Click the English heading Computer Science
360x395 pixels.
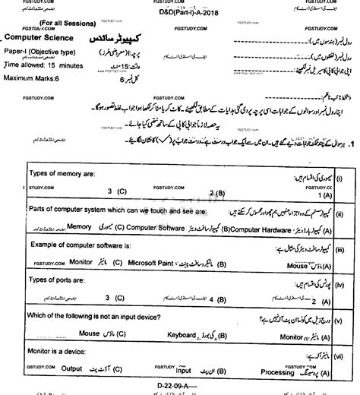coord(43,36)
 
